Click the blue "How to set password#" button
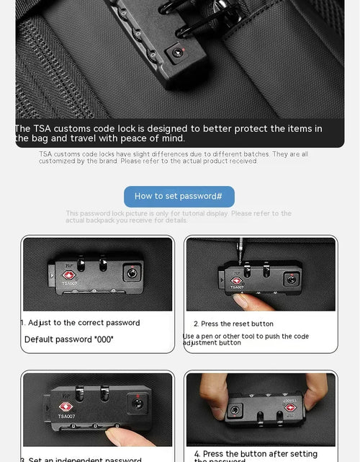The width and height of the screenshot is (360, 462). (179, 196)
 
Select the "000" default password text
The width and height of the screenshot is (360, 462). (104, 339)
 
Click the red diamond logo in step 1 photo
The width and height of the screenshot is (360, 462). (69, 275)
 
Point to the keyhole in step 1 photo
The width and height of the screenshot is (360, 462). (131, 273)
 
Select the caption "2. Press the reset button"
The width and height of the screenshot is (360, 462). (233, 324)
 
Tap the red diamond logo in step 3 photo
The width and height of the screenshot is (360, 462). (66, 407)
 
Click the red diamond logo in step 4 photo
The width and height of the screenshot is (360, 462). (290, 407)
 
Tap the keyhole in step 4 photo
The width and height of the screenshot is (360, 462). (235, 409)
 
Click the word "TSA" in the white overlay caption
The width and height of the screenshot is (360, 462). (48, 128)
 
